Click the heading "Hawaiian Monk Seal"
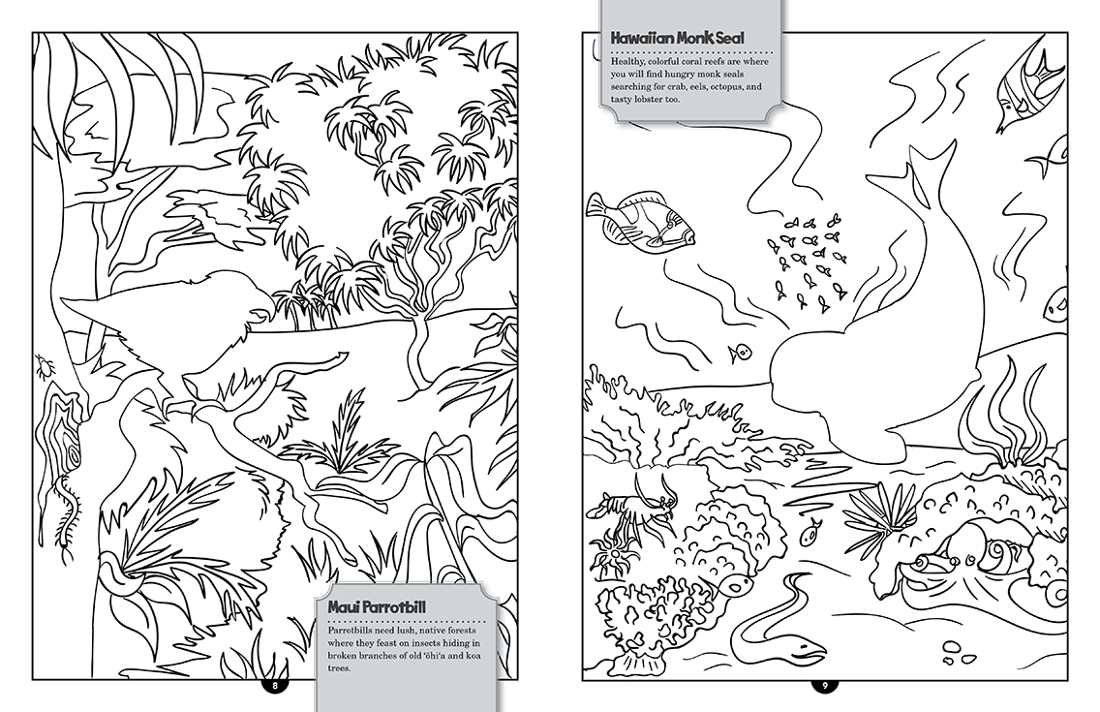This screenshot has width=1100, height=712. pyautogui.click(x=677, y=38)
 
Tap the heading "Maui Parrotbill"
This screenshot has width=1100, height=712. pyautogui.click(x=377, y=607)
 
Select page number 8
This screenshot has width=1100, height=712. pyautogui.click(x=275, y=686)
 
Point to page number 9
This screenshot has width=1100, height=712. pyautogui.click(x=826, y=686)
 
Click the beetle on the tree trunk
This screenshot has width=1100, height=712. pyautogui.click(x=44, y=365)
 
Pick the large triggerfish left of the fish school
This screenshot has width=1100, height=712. pyautogui.click(x=641, y=219)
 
